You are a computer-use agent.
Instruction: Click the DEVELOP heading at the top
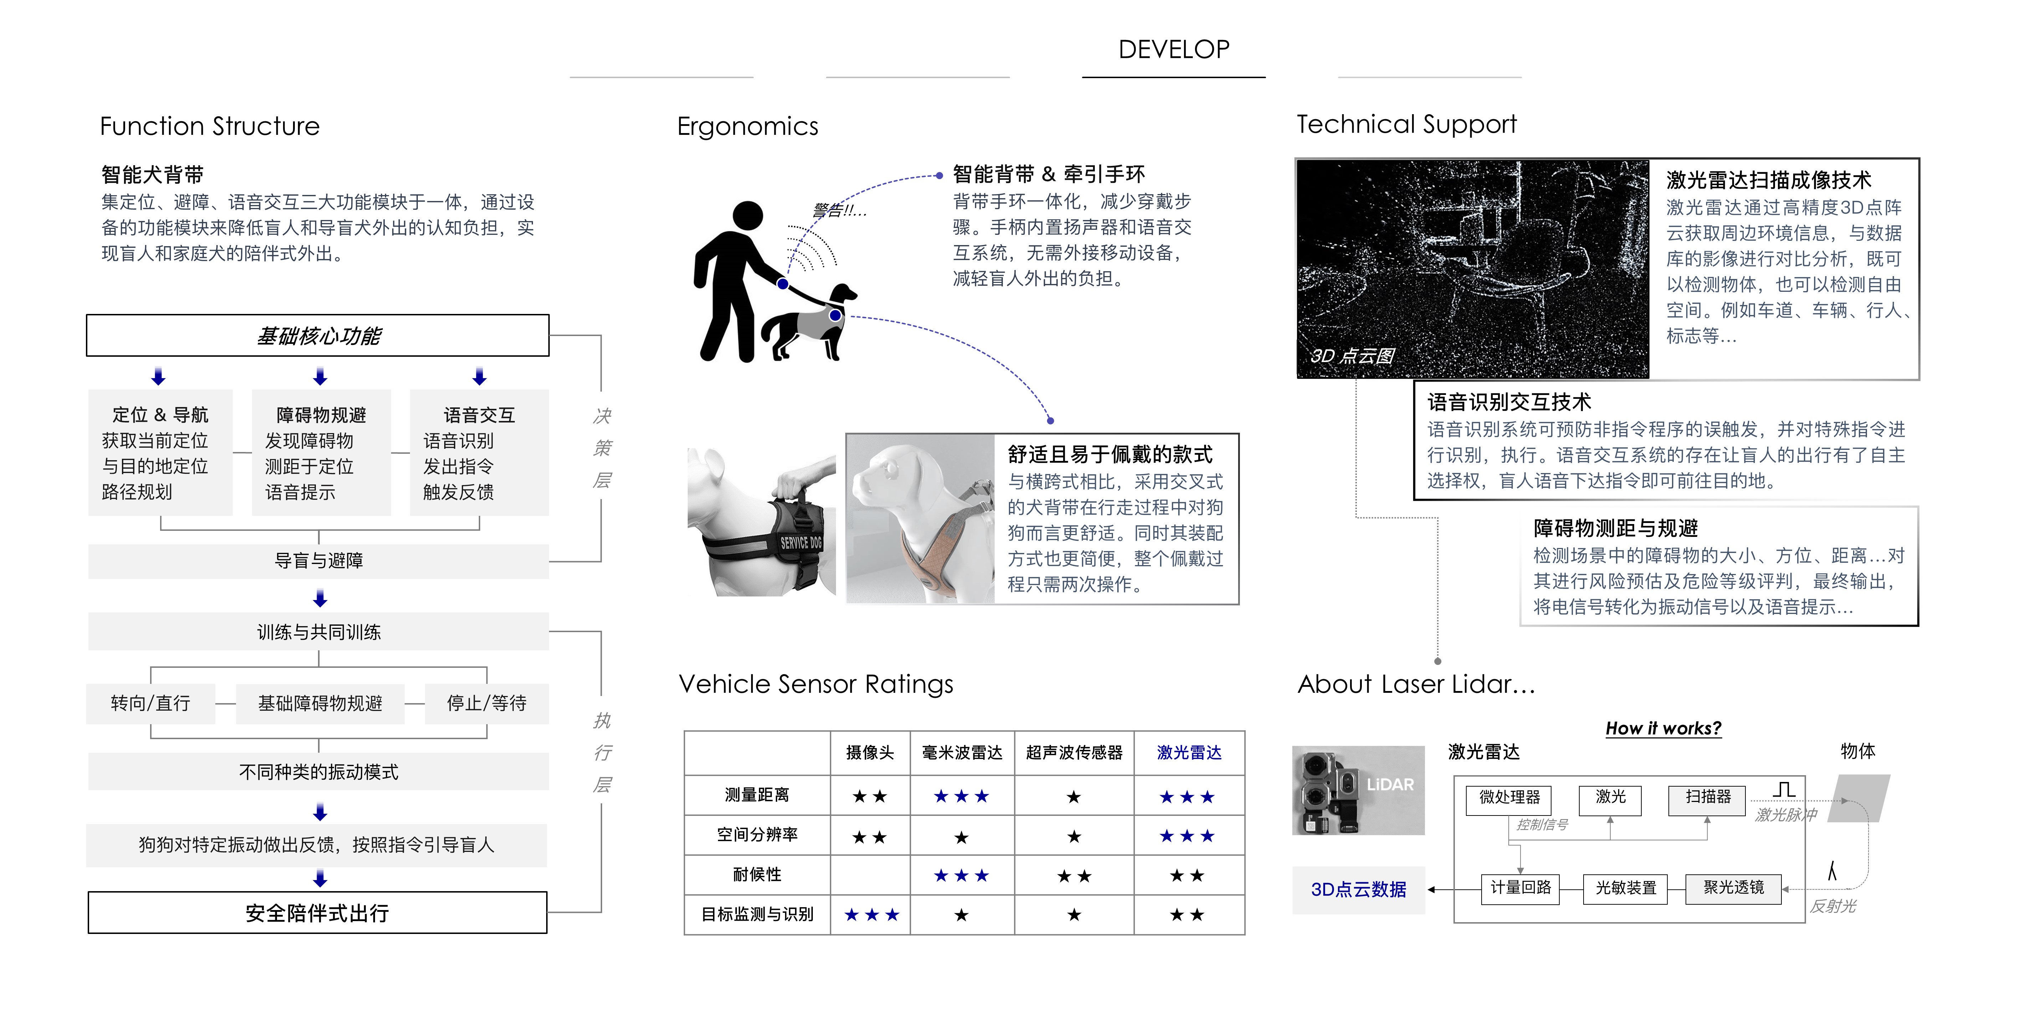(1174, 50)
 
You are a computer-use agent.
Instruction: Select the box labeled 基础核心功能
(318, 336)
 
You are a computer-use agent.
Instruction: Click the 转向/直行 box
(151, 703)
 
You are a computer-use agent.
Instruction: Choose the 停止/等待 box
(486, 703)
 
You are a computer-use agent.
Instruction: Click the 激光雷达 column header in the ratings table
(1189, 753)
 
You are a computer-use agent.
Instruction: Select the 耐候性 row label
(757, 874)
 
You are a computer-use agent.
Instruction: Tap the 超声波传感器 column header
(1074, 753)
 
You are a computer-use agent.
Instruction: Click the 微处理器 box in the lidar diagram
(1509, 798)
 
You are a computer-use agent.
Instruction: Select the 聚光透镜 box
(1733, 888)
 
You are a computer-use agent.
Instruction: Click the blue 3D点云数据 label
(1358, 889)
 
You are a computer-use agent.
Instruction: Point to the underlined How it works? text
(1663, 728)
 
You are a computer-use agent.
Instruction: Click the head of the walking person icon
(748, 216)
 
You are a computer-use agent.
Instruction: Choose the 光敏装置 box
(1626, 888)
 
